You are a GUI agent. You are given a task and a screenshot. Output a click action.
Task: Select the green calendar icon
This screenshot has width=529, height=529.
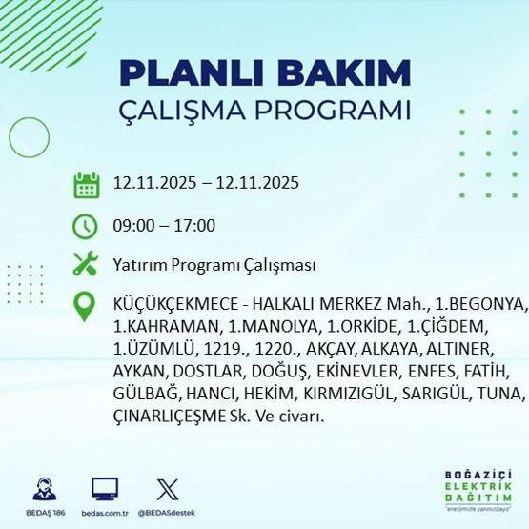87,184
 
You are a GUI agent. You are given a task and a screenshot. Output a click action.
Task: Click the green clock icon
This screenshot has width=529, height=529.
87,226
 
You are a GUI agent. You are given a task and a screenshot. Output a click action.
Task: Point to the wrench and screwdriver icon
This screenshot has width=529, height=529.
87,264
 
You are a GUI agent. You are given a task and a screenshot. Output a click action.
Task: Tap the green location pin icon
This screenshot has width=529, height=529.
87,306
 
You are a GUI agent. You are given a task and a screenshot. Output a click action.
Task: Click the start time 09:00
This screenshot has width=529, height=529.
132,226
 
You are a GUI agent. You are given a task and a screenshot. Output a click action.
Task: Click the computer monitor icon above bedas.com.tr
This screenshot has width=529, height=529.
105,490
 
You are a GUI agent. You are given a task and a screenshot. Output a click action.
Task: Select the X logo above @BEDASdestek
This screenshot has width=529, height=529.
166,490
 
